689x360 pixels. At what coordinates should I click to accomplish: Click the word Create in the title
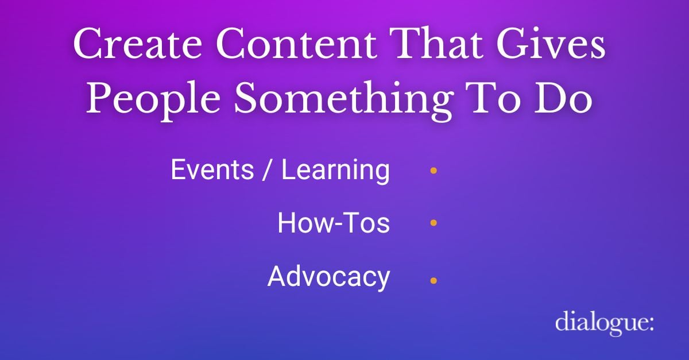[x=137, y=44]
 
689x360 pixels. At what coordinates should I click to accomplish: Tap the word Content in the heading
[x=296, y=44]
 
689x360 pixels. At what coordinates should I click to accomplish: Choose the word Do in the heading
[x=563, y=98]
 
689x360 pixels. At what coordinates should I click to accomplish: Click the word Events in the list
[x=212, y=169]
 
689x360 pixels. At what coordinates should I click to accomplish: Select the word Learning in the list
[x=335, y=171]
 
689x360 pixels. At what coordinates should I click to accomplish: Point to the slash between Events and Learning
[x=268, y=170]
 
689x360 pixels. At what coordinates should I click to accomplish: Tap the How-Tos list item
[x=334, y=223]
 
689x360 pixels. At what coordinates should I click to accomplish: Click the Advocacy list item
[x=329, y=277]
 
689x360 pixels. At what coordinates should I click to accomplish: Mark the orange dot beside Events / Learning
[x=433, y=171]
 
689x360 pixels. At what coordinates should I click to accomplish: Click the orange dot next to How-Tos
[x=433, y=222]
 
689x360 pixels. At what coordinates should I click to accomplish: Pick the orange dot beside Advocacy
[x=433, y=280]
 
